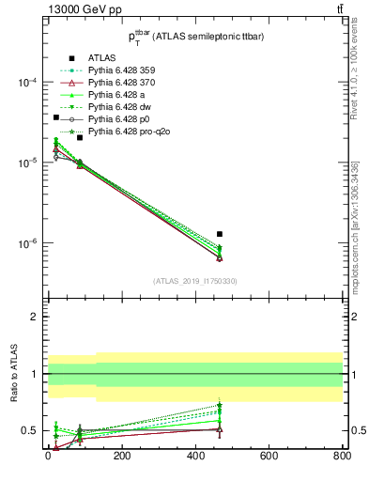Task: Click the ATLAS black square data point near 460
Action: click(x=220, y=234)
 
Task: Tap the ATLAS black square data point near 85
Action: click(x=80, y=138)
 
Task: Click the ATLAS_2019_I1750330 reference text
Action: click(x=194, y=281)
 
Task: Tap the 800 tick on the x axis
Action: click(x=342, y=458)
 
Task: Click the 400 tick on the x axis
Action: click(x=195, y=458)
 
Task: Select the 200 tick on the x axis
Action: click(x=122, y=458)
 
